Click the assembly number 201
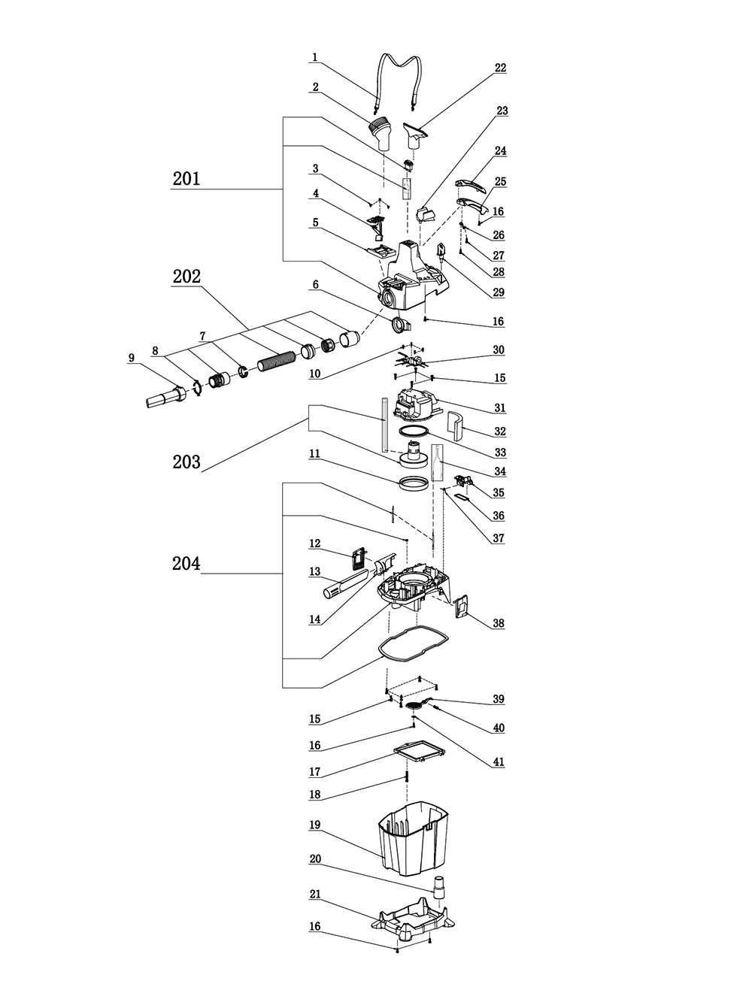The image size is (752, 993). (x=186, y=179)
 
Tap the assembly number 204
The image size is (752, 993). (x=186, y=564)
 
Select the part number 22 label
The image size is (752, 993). (x=500, y=68)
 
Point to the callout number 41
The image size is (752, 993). (x=498, y=761)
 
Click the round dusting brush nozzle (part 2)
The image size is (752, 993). (x=380, y=135)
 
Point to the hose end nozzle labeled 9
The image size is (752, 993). (x=165, y=396)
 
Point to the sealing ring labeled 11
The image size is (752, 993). (x=414, y=483)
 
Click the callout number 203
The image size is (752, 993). (x=186, y=462)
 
